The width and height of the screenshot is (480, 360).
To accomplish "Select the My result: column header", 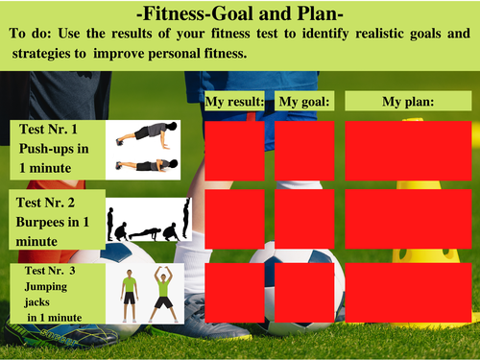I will [x=234, y=101].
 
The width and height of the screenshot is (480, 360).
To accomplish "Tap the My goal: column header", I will [x=304, y=101].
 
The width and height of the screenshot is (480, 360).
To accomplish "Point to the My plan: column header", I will [x=409, y=101].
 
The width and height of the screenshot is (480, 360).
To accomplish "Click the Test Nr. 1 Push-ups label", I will [x=56, y=148].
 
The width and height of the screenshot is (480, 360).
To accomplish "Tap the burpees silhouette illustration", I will [x=148, y=220].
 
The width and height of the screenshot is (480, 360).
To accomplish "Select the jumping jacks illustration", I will [x=147, y=292].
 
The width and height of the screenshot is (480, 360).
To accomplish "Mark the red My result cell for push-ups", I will [x=234, y=151].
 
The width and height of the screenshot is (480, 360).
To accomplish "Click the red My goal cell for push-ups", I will [x=304, y=151].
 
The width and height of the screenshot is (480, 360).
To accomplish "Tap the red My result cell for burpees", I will [x=234, y=220].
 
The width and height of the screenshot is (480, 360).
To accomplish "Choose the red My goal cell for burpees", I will [x=304, y=220].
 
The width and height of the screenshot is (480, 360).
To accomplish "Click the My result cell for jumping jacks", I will [x=234, y=292].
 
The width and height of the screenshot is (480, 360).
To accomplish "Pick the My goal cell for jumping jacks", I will [x=304, y=292].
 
